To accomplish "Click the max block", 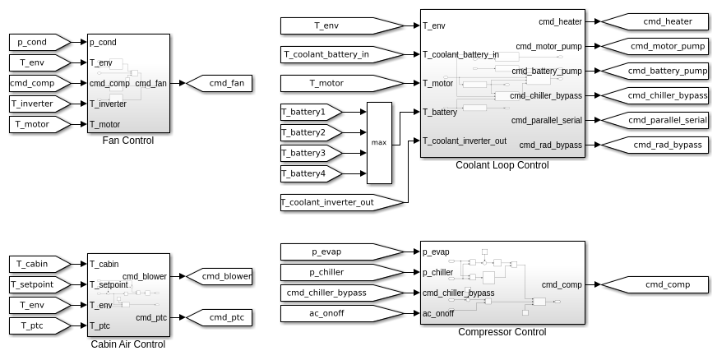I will (x=379, y=143).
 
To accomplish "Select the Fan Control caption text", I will (x=127, y=141).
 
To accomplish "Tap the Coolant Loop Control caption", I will (x=502, y=165).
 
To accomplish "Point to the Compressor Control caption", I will (x=502, y=332).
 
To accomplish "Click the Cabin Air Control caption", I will (x=127, y=344).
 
